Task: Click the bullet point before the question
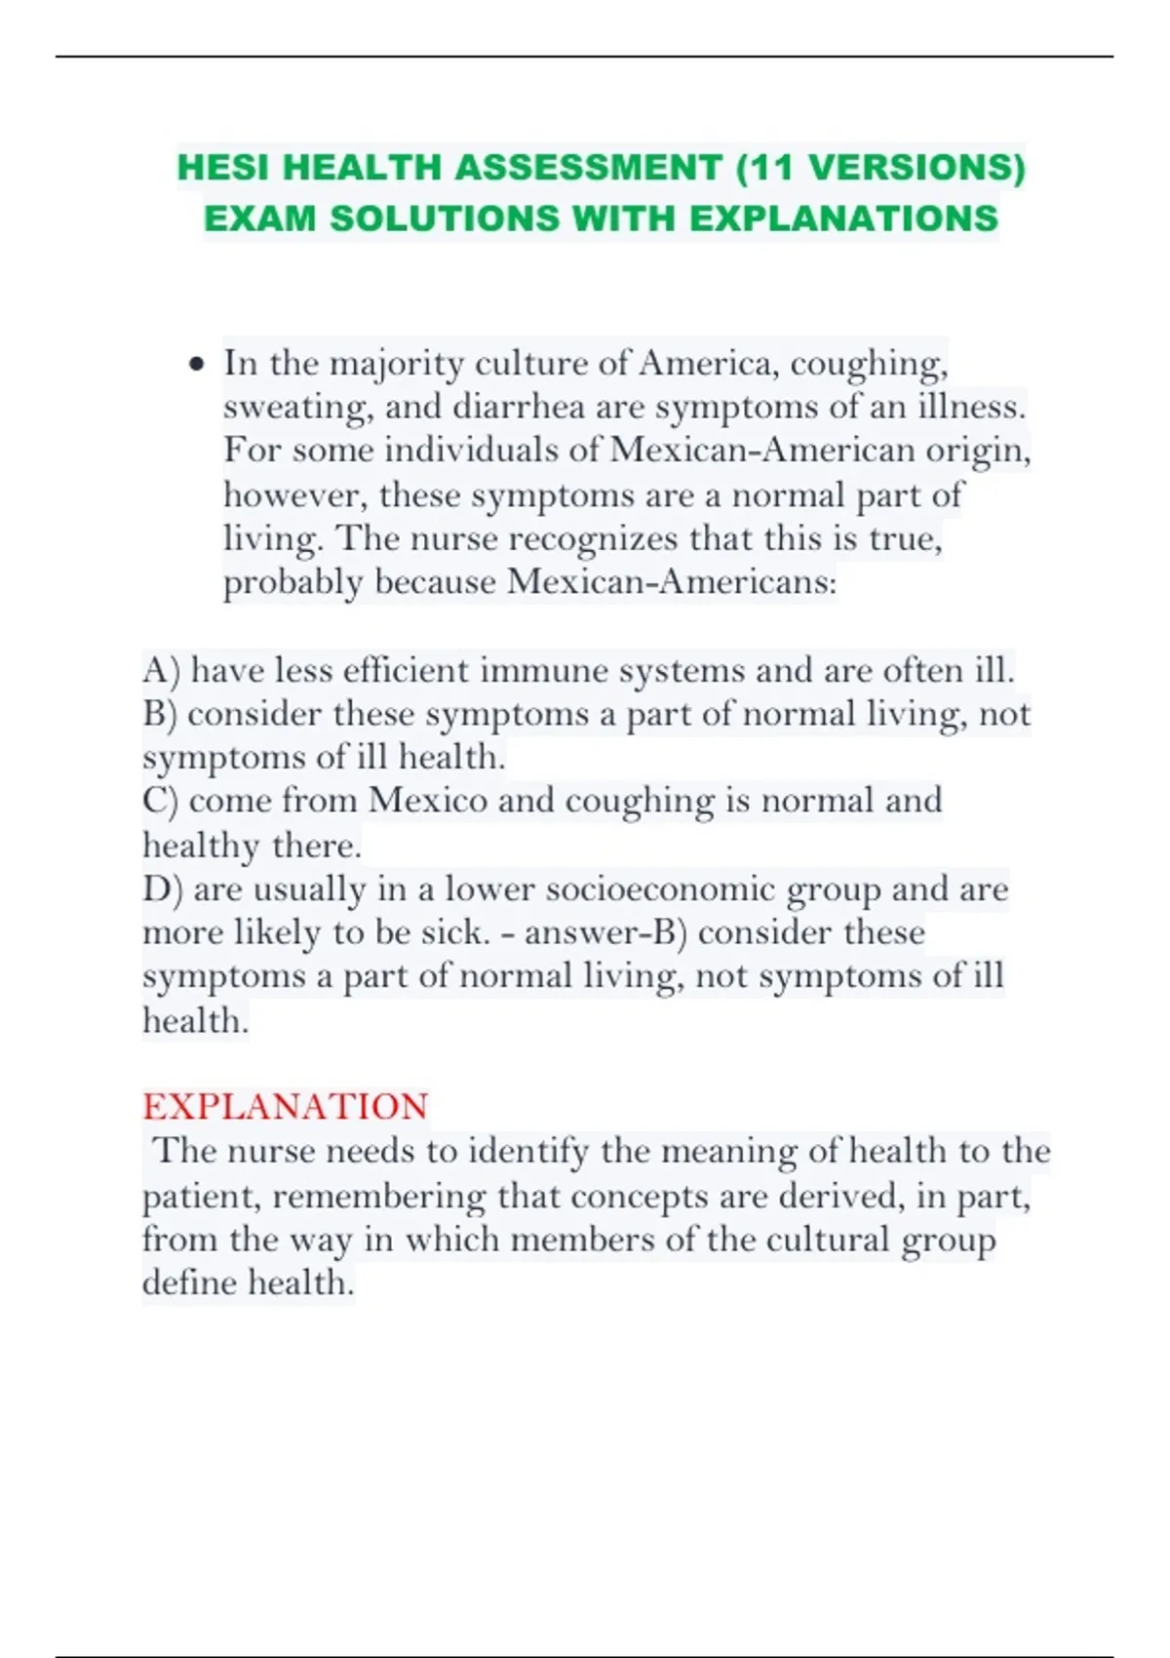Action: (x=198, y=365)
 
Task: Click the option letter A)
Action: (x=161, y=671)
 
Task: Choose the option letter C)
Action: (x=160, y=801)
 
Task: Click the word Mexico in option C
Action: (x=427, y=801)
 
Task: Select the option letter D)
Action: (x=162, y=889)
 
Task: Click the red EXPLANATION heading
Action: (x=285, y=1107)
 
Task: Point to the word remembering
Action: (x=379, y=1196)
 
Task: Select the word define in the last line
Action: (x=189, y=1283)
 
